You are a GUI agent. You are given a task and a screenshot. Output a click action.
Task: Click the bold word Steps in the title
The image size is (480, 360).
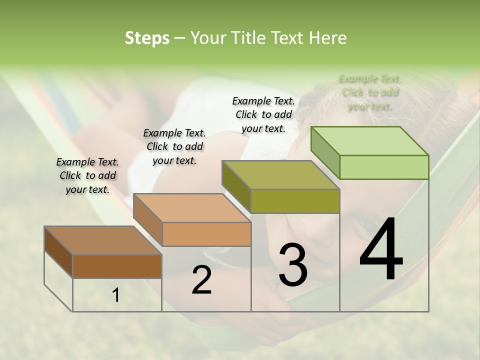coord(147,38)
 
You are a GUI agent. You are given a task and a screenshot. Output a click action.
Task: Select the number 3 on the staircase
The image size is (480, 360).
coord(293,265)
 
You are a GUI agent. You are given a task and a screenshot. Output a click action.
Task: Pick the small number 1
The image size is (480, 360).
coord(116,295)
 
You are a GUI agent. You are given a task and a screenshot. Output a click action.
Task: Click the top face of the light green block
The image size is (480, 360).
coord(370,140)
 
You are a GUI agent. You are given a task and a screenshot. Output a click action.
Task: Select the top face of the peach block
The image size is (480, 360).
coord(192,207)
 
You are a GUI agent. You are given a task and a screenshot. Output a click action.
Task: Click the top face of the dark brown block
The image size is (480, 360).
coord(103,240)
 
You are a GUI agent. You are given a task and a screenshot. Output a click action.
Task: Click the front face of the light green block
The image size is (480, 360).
coord(384,167)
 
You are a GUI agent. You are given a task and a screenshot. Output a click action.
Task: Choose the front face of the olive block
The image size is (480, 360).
coord(295,201)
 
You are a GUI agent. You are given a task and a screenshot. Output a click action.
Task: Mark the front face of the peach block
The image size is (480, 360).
coord(206,234)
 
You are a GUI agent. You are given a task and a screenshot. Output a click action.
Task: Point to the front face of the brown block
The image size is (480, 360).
coord(117,266)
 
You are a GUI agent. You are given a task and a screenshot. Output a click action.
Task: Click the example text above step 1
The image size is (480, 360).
coord(87,176)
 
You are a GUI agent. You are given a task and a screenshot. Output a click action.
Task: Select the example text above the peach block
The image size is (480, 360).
coord(174,146)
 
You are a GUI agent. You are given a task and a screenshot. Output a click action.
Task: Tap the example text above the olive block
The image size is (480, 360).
coord(263,114)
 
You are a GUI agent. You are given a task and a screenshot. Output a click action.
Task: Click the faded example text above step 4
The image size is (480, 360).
coord(370,92)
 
